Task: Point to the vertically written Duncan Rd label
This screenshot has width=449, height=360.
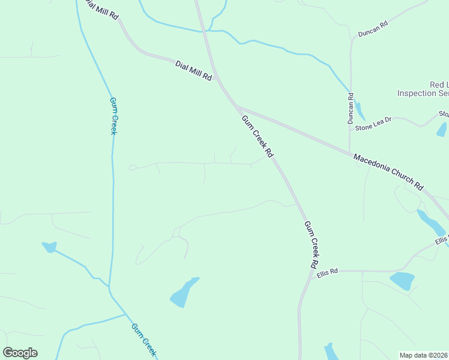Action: tap(351, 108)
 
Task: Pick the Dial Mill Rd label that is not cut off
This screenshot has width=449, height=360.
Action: tap(194, 70)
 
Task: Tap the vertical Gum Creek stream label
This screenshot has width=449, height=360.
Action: tap(112, 115)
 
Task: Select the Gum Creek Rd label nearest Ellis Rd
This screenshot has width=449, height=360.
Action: tap(311, 244)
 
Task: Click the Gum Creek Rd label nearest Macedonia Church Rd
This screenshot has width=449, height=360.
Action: tap(257, 136)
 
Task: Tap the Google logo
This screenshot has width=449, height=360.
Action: tap(20, 353)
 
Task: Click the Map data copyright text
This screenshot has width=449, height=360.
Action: tap(424, 355)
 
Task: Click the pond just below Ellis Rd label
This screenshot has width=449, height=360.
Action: tap(402, 280)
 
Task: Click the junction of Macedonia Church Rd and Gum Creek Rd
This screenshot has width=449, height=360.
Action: tap(238, 107)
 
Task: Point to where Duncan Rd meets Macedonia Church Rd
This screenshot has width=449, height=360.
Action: tap(350, 152)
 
